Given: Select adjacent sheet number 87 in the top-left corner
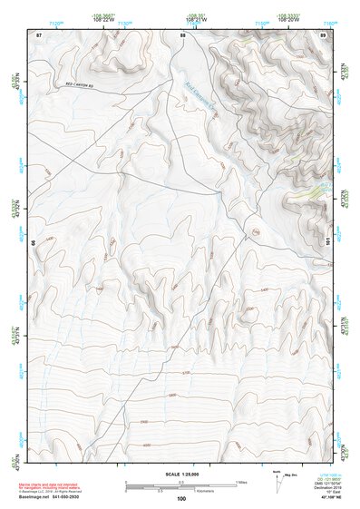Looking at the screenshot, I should (39, 34).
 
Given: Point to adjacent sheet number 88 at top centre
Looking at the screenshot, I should (182, 34).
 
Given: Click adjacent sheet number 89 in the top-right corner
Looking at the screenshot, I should (323, 34).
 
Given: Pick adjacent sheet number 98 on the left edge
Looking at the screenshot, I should (34, 243).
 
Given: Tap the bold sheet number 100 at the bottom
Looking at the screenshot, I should (181, 498).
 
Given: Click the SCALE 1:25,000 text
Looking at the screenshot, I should (180, 475).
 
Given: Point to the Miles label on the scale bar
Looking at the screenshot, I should (240, 481).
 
